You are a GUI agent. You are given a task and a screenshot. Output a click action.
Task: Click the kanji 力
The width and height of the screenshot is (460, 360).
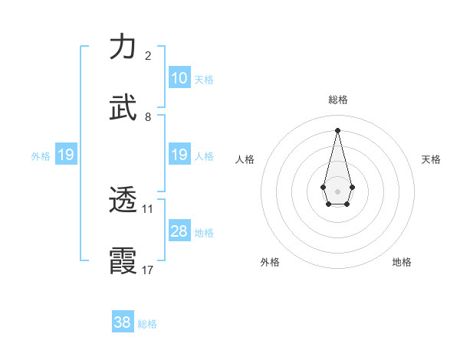click(123, 47)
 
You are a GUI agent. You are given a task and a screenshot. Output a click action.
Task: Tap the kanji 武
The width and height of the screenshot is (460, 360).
click(123, 108)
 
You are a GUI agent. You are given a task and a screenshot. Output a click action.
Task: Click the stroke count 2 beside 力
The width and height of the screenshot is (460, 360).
click(148, 56)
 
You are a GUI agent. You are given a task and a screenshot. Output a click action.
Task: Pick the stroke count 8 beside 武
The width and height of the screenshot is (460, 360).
click(148, 117)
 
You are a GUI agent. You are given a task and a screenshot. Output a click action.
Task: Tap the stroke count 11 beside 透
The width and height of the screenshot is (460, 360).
click(148, 208)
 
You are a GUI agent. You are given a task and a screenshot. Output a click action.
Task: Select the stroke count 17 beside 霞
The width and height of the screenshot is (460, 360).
click(148, 270)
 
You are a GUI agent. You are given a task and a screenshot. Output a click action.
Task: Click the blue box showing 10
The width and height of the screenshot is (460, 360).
click(179, 78)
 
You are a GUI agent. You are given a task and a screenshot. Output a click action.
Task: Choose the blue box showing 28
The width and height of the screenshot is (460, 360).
click(179, 231)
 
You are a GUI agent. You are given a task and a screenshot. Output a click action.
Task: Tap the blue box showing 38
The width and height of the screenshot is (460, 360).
click(123, 322)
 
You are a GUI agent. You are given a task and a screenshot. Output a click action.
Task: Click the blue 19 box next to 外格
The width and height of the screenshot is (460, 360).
click(66, 155)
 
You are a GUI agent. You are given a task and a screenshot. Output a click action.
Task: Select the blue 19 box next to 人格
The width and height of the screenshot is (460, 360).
click(179, 155)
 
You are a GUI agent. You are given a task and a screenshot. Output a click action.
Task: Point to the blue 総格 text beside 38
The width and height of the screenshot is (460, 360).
click(147, 324)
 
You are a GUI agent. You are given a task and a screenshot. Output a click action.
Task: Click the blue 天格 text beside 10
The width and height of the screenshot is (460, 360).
click(204, 80)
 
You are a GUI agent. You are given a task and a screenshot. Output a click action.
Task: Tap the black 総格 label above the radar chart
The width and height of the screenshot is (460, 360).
click(337, 100)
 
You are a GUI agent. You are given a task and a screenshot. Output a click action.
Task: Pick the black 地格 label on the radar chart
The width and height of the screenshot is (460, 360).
click(402, 262)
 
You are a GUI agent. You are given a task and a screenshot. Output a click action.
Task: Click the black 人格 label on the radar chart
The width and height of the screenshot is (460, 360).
click(245, 159)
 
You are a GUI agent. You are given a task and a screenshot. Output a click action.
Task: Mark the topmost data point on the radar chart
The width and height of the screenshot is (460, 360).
click(337, 130)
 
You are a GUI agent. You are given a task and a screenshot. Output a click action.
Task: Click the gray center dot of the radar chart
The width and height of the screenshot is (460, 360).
click(337, 191)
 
